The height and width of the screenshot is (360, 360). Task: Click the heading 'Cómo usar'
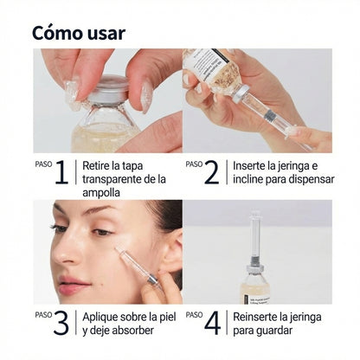click(79, 33)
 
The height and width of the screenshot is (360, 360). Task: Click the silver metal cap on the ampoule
click(111, 87)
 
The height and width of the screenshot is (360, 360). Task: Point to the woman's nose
click(69, 253)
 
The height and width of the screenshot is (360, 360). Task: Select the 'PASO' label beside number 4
click(195, 315)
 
